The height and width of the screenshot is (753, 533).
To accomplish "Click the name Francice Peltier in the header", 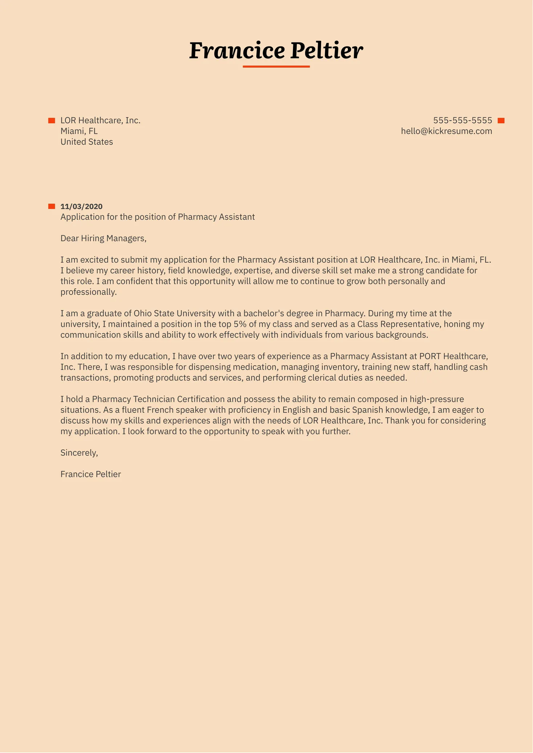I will pyautogui.click(x=276, y=50).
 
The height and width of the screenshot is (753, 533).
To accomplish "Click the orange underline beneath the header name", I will pyautogui.click(x=276, y=67).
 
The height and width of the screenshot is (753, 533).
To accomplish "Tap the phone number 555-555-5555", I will pyautogui.click(x=463, y=120).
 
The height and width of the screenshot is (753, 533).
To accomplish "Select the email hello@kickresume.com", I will pyautogui.click(x=446, y=131).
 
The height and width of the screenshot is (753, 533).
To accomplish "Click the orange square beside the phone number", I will pyautogui.click(x=501, y=121).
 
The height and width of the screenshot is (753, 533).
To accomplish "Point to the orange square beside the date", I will pyautogui.click(x=52, y=206).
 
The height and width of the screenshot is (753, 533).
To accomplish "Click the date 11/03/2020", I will pyautogui.click(x=81, y=206).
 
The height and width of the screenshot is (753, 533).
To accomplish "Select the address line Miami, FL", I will pyautogui.click(x=79, y=131).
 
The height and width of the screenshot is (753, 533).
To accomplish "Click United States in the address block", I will pyautogui.click(x=86, y=142).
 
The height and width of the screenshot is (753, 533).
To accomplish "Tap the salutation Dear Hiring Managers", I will pyautogui.click(x=103, y=238).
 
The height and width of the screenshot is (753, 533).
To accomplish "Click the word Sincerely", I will pyautogui.click(x=79, y=453).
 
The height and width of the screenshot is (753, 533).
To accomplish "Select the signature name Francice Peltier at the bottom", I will pyautogui.click(x=90, y=474).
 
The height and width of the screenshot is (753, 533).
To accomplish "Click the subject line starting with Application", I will pyautogui.click(x=158, y=217).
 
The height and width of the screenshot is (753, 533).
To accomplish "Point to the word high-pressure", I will pyautogui.click(x=437, y=399).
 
